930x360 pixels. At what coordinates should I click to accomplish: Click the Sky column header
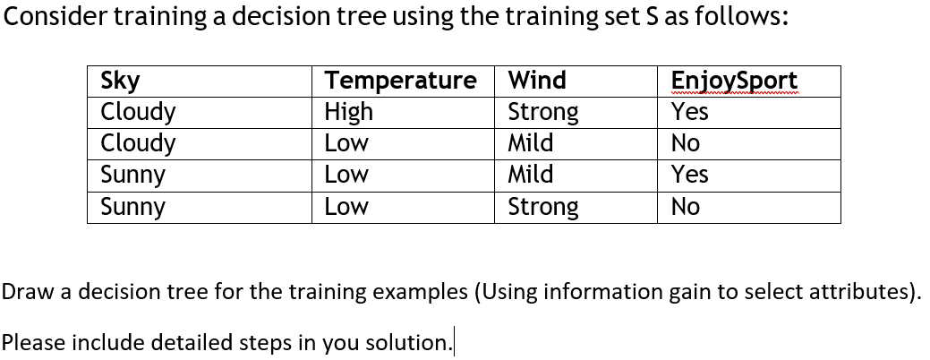pos(121,81)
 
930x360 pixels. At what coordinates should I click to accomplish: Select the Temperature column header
pos(399,81)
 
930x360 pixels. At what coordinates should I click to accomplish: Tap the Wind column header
pos(537,81)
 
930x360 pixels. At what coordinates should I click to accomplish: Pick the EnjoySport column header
pos(734,81)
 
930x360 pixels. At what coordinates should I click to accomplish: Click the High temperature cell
pos(348,112)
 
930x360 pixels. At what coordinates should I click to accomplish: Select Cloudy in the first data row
pos(138,112)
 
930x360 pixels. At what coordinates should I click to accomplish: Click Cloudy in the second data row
pos(138,143)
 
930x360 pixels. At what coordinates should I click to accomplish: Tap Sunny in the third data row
pos(132,175)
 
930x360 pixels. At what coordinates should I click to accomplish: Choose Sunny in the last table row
pos(132,207)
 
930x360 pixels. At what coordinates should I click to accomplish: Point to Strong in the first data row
pos(542,112)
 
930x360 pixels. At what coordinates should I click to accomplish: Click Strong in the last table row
pos(542,207)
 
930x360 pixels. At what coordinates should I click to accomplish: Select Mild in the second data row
pos(530,143)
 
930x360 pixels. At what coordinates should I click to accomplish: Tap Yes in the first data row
pos(689,112)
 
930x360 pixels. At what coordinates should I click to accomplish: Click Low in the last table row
pos(346,207)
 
